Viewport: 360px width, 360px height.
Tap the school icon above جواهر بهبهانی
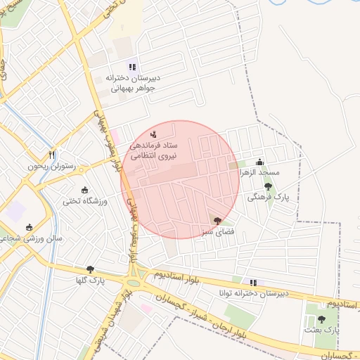pyautogui.click(x=131, y=67)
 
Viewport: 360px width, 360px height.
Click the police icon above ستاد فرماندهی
pyautogui.click(x=155, y=133)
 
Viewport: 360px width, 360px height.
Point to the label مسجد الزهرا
pyautogui.click(x=259, y=172)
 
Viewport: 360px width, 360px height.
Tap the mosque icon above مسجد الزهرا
pyautogui.click(x=260, y=162)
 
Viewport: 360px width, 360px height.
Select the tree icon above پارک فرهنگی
pyautogui.click(x=268, y=186)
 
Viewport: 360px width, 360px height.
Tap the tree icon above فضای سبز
pyautogui.click(x=217, y=220)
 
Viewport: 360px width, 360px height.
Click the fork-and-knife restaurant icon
pyautogui.click(x=51, y=155)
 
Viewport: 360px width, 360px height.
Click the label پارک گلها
pyautogui.click(x=90, y=281)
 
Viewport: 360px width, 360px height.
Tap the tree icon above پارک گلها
pyautogui.click(x=90, y=269)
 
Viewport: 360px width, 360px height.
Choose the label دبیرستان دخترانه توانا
pyautogui.click(x=253, y=294)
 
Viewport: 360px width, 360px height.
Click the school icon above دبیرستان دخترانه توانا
pyautogui.click(x=253, y=283)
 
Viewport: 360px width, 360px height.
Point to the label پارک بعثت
pyautogui.click(x=322, y=330)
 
